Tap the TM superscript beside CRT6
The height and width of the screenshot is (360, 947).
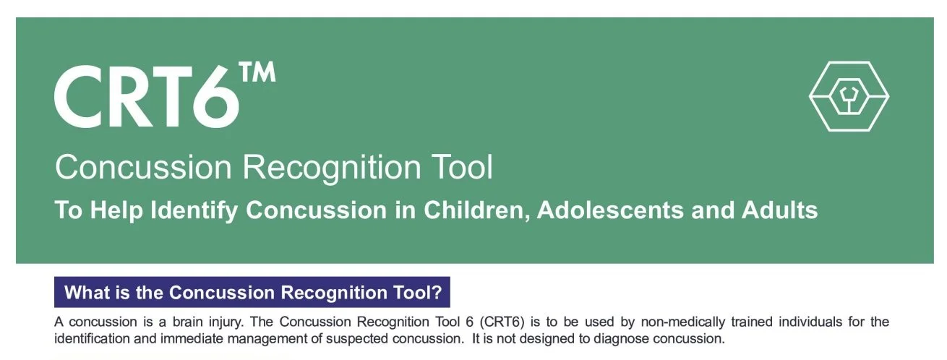(258, 74)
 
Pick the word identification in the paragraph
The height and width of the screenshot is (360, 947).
(91, 338)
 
